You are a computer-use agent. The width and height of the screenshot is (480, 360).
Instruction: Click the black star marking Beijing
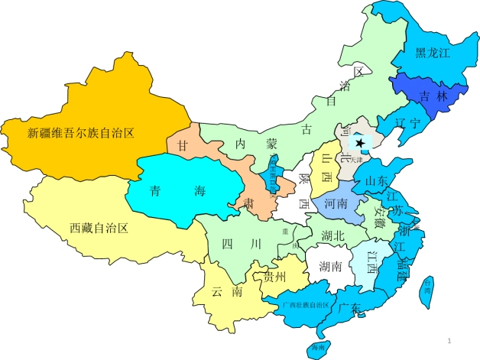click(360, 143)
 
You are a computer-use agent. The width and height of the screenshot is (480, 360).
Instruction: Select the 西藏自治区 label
click(98, 227)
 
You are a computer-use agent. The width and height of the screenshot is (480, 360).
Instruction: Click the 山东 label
click(377, 181)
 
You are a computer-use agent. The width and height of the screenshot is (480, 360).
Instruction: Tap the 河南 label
click(336, 204)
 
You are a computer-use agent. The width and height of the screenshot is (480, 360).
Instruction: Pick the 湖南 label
click(331, 265)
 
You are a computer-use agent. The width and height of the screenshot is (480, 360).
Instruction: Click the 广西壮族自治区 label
click(305, 305)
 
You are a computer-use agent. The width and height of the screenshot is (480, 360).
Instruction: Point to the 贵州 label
click(274, 276)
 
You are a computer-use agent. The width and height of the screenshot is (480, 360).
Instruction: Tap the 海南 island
click(318, 347)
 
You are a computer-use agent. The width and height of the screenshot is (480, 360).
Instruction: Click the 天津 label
click(368, 160)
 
